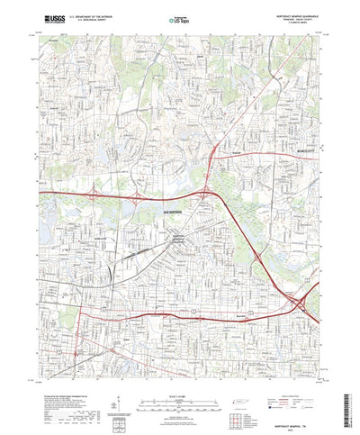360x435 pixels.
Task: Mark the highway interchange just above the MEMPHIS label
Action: pos(204,191)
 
